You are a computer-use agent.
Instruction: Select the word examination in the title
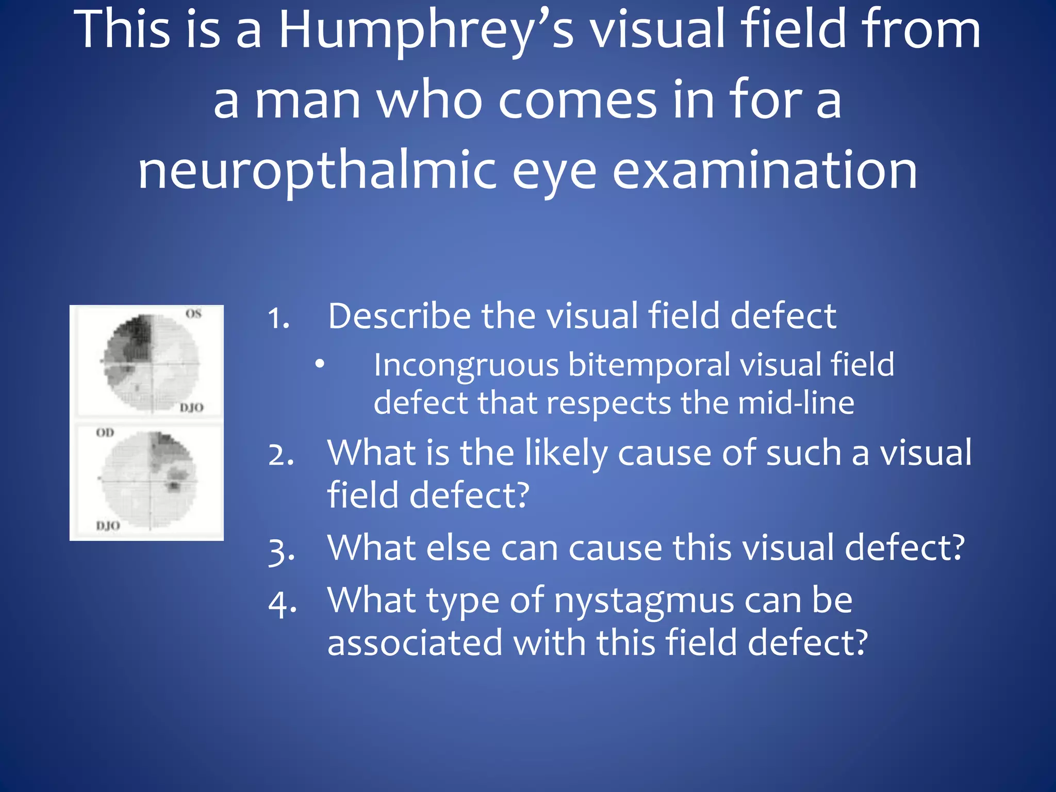(765, 170)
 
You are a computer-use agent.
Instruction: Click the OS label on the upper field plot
(193, 314)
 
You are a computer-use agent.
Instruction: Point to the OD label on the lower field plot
(105, 433)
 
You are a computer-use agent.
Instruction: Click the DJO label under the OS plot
(191, 408)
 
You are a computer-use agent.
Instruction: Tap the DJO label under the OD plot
(108, 526)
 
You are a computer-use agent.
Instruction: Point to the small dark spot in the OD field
(174, 485)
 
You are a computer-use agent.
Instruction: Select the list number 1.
(278, 318)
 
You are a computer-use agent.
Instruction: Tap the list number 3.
(282, 550)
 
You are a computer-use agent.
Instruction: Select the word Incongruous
(466, 365)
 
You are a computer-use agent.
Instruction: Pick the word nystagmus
(644, 601)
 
